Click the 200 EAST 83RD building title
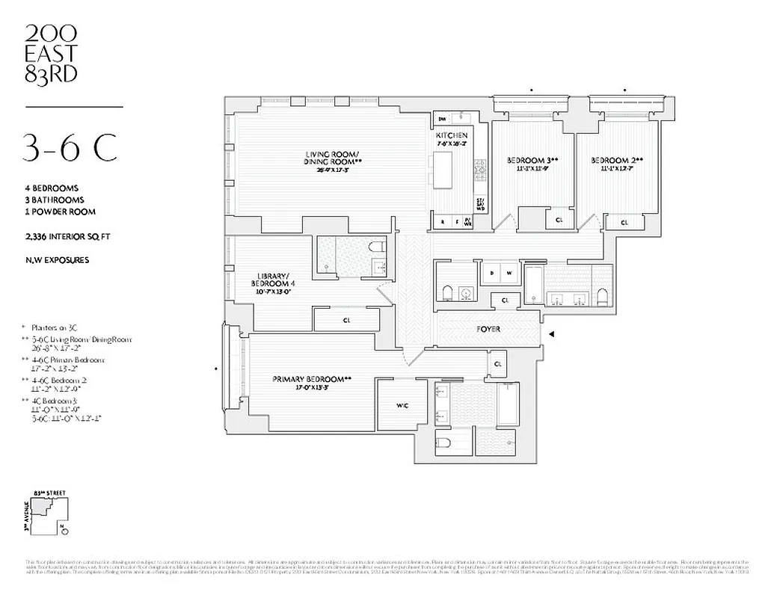tap(52, 53)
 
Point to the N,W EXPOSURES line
tap(57, 260)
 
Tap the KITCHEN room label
tap(452, 135)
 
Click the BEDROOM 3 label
tap(532, 161)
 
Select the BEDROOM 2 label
tap(616, 161)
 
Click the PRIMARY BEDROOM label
tap(312, 379)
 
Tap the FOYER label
tap(488, 329)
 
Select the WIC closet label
tap(401, 405)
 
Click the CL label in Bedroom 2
tap(624, 222)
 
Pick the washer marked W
tap(509, 274)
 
